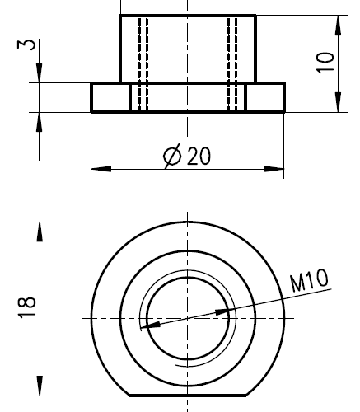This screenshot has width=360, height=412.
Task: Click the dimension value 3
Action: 30,44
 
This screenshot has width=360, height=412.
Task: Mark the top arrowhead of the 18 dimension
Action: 39,230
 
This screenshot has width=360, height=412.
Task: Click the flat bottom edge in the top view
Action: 188,393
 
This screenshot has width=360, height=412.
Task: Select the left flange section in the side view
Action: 110,97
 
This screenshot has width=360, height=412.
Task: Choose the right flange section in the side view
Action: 265,97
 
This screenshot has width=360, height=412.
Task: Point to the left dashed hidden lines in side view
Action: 143,63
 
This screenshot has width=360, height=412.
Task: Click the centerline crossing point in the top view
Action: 188,317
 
